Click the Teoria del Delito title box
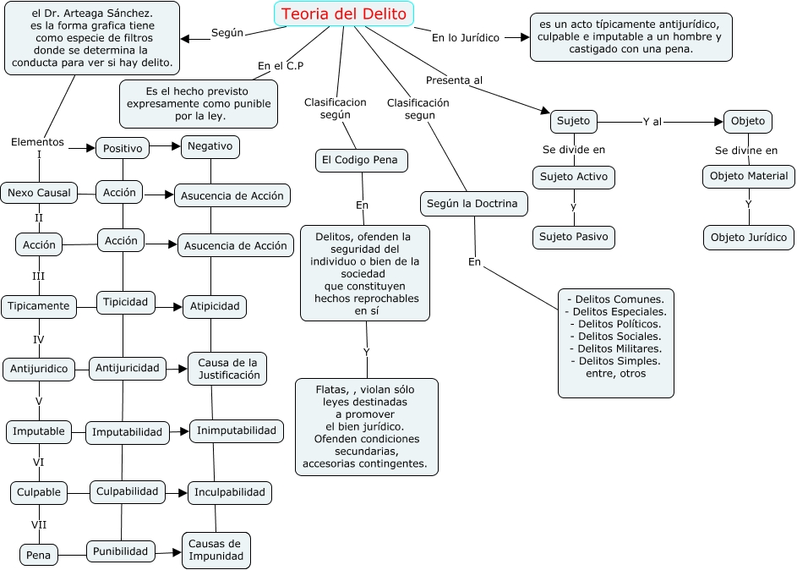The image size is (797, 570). (x=344, y=14)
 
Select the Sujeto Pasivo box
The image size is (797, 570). (x=574, y=237)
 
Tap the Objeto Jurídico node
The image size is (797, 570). (x=749, y=238)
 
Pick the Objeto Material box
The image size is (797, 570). (x=749, y=177)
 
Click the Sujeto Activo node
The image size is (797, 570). (x=574, y=177)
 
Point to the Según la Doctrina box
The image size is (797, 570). (x=474, y=203)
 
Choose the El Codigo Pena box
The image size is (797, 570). (x=362, y=160)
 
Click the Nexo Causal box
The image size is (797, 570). (x=39, y=193)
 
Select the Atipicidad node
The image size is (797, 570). (x=215, y=307)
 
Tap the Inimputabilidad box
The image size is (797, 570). (x=237, y=430)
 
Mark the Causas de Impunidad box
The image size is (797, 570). (x=216, y=551)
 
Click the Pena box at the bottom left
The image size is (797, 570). (x=39, y=555)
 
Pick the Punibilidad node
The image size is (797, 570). (x=121, y=551)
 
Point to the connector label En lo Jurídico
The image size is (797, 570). (x=466, y=37)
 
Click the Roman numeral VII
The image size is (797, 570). (x=39, y=524)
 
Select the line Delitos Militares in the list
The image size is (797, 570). (x=616, y=348)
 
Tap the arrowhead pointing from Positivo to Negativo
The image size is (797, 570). (x=177, y=146)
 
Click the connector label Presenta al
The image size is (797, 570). (x=454, y=80)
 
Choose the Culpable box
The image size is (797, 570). (x=39, y=493)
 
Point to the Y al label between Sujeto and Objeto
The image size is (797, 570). (x=652, y=122)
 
